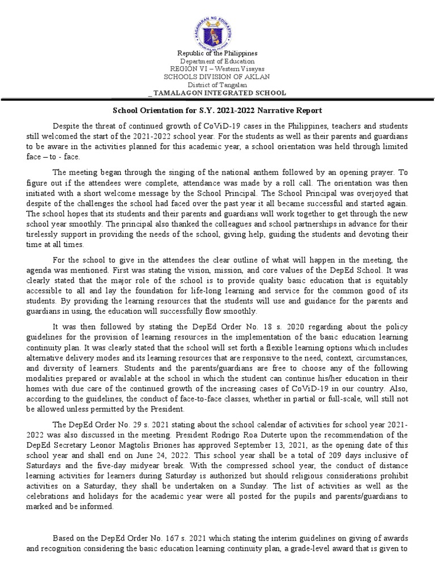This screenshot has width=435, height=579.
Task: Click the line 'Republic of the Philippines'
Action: [217, 53]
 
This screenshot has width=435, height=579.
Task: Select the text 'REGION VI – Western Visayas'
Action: [217, 69]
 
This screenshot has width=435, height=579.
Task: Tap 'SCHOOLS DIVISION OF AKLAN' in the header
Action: [217, 77]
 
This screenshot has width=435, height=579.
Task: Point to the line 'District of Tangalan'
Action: [217, 85]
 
